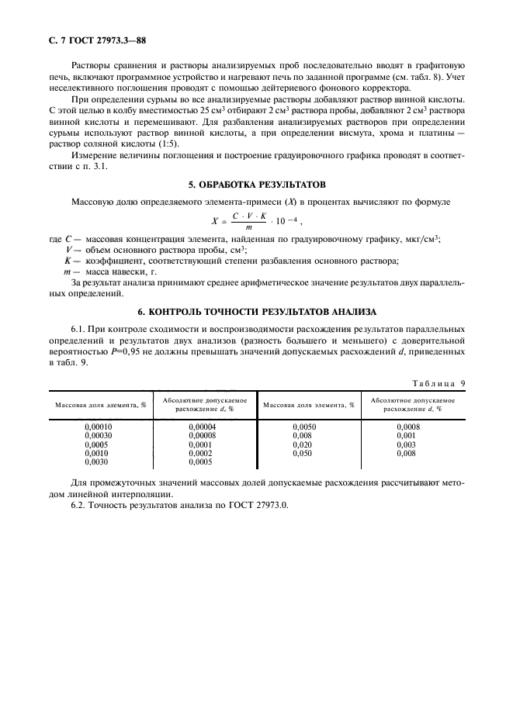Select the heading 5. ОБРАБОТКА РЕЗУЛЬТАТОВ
[256, 185]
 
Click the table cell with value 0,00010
[98, 427]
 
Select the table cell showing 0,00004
[203, 427]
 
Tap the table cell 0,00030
[98, 435]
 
